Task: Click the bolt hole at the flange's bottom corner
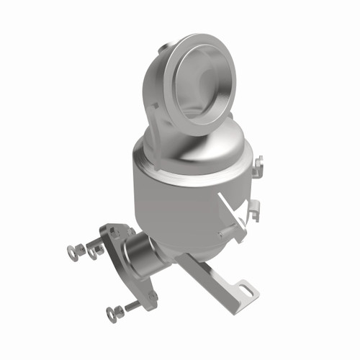click(151, 295)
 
